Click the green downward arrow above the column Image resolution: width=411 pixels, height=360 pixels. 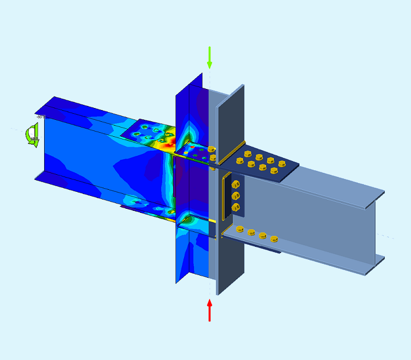pyautogui.click(x=209, y=57)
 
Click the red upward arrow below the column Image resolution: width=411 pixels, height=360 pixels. pyautogui.click(x=210, y=310)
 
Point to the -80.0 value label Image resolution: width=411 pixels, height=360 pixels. pyautogui.click(x=39, y=117)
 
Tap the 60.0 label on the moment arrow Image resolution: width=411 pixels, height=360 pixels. pyautogui.click(x=33, y=138)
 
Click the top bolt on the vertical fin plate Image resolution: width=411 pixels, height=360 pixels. pyautogui.click(x=236, y=185)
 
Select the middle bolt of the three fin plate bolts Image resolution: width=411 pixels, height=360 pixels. pyautogui.click(x=236, y=195)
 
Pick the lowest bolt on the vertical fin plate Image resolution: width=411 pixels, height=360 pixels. pyautogui.click(x=236, y=207)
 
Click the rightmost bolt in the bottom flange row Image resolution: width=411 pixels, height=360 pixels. pyautogui.click(x=274, y=238)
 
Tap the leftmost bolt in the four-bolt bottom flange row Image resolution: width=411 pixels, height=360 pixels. pyautogui.click(x=239, y=229)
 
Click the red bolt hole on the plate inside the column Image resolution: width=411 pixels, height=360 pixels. pyautogui.click(x=193, y=147)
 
